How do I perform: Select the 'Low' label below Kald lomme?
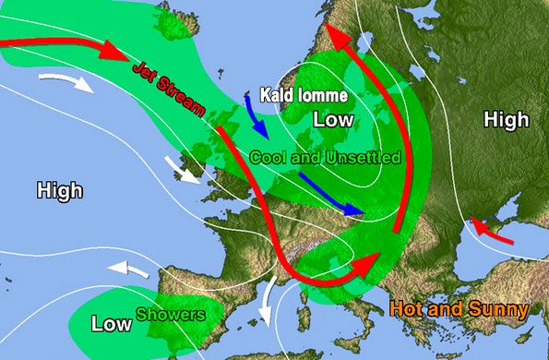332,120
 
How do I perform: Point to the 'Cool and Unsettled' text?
325,157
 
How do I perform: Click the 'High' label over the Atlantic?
59,191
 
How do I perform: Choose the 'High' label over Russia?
507,119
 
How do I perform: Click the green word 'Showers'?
171,314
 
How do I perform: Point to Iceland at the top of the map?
165,22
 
